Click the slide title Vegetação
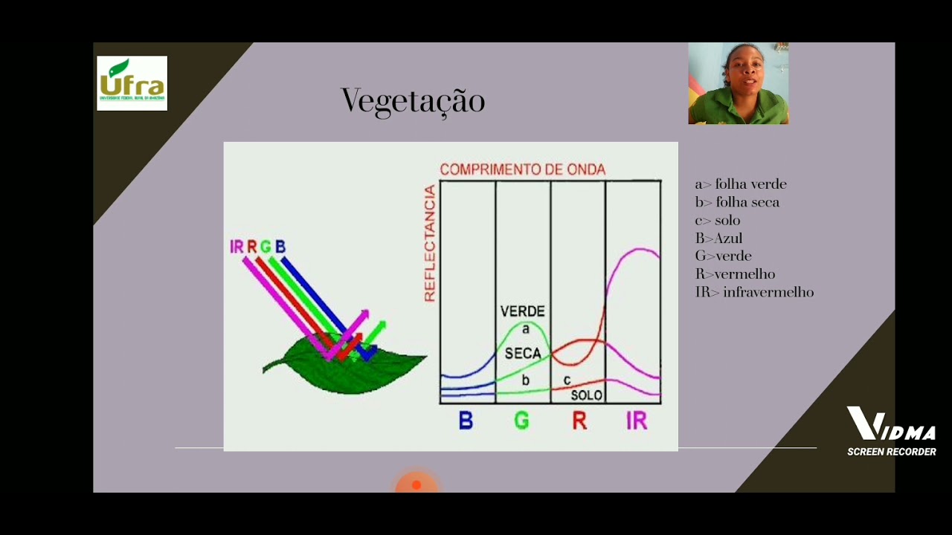413,101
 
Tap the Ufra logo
132,83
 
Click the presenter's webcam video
738,83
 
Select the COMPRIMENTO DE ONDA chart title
522,169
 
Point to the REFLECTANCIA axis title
429,244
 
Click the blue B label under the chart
466,421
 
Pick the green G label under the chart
521,421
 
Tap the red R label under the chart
579,421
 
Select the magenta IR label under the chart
637,421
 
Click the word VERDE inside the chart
522,311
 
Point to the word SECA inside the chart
522,354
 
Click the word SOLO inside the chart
586,395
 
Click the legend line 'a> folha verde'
740,184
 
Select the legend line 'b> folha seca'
737,202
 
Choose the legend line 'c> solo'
718,221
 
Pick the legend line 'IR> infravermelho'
754,293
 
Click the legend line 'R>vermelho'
735,274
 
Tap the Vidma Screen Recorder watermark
891,432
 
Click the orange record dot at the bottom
416,485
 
